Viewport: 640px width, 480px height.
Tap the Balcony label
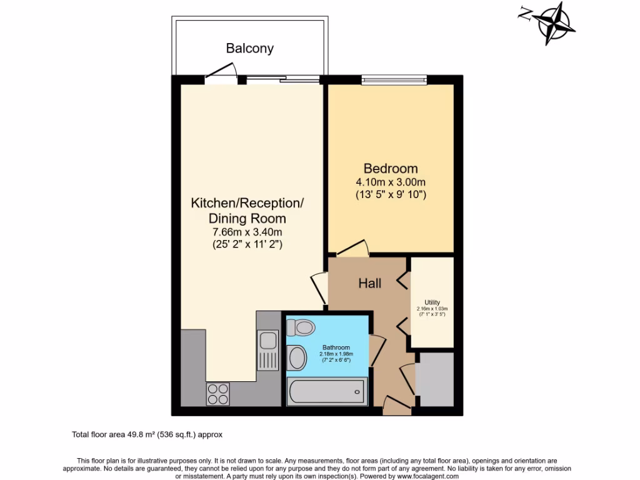[x=250, y=48]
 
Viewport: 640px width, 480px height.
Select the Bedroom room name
[x=391, y=169]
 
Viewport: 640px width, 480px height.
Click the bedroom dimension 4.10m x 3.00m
[x=391, y=182]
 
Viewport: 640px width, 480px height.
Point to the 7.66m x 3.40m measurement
[x=247, y=232]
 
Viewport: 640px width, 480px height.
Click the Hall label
[x=370, y=283]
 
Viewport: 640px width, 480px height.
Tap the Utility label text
[x=432, y=302]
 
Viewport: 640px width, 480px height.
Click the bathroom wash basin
[x=297, y=358]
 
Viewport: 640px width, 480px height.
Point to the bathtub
[x=327, y=392]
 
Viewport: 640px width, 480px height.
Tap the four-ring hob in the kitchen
[x=217, y=394]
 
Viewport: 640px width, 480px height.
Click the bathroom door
[x=377, y=351]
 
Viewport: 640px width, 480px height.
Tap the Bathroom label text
[x=336, y=347]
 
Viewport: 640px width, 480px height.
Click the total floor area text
[x=147, y=434]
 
